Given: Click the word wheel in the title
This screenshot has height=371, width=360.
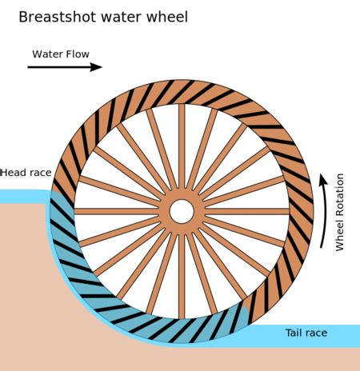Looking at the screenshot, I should point(166,17).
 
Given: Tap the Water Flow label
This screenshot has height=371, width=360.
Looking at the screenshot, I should point(60,54).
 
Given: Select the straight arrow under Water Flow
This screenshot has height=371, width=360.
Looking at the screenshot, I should point(65,67).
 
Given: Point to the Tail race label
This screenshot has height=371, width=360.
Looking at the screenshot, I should point(306,332).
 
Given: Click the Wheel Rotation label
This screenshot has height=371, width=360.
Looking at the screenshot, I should point(339,212).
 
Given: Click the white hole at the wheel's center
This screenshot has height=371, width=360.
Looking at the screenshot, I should point(182,212).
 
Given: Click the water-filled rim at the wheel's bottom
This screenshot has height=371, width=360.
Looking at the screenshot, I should point(182,332).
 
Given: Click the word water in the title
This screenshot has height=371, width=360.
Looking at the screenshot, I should point(123,17).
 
